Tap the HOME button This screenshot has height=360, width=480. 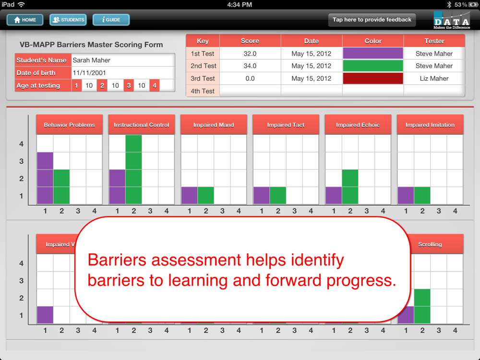pyautogui.click(x=25, y=20)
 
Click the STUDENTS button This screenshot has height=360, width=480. pyautogui.click(x=68, y=20)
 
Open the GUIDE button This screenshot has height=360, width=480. pyautogui.click(x=111, y=20)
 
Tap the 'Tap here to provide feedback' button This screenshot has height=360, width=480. pyautogui.click(x=372, y=20)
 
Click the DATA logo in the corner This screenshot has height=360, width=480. pyautogui.click(x=452, y=20)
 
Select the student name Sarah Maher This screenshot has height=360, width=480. pyautogui.click(x=91, y=60)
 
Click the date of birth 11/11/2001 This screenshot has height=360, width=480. pyautogui.click(x=89, y=73)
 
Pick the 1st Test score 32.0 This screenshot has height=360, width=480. pyautogui.click(x=250, y=54)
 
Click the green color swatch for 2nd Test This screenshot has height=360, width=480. pyautogui.click(x=373, y=66)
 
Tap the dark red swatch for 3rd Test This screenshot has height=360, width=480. pyautogui.click(x=373, y=78)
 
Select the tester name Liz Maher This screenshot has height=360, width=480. pyautogui.click(x=434, y=78)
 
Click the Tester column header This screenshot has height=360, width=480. pyautogui.click(x=434, y=41)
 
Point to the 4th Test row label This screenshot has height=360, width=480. pyautogui.click(x=203, y=91)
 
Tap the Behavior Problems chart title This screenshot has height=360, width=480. pyautogui.click(x=69, y=125)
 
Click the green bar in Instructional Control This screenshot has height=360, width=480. pyautogui.click(x=133, y=169)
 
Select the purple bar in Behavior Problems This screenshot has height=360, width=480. pyautogui.click(x=45, y=178)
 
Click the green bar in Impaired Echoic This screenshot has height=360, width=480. pyautogui.click(x=350, y=187)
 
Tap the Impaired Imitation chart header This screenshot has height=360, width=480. pyautogui.click(x=430, y=125)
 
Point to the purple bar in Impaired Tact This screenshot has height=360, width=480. pyautogui.click(x=262, y=195)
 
